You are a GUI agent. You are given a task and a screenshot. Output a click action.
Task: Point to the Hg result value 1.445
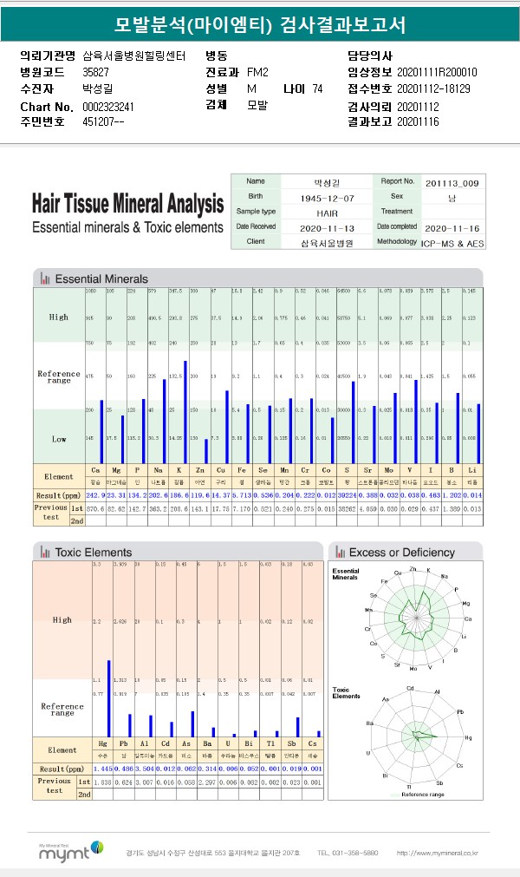coord(103,769)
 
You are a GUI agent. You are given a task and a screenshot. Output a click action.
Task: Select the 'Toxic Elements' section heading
coord(93,552)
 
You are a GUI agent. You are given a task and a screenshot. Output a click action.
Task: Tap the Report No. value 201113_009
coord(450,183)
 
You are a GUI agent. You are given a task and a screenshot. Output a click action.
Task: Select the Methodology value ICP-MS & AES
coord(452,243)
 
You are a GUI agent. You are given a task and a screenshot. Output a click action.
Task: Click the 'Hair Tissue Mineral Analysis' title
coord(127,205)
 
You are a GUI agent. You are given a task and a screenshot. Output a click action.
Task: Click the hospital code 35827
coord(95,72)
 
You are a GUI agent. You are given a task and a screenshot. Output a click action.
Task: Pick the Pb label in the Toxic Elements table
coord(123,745)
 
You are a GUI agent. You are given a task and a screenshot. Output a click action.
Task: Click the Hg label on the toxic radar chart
coord(469,737)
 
